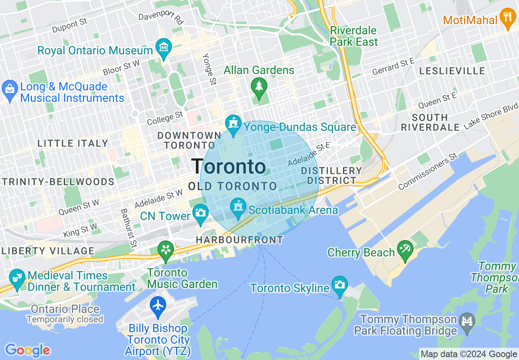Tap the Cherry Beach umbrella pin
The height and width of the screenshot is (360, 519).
click(405, 251)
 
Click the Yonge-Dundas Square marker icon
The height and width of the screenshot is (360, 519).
click(233, 125)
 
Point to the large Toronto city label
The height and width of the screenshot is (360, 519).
click(228, 166)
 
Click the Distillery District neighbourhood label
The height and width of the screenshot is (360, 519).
click(332, 175)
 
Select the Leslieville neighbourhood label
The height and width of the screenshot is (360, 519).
click(452, 71)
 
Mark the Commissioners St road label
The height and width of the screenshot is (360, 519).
click(428, 171)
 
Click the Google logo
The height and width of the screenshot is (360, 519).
click(27, 350)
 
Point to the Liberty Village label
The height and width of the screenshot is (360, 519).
click(47, 251)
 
